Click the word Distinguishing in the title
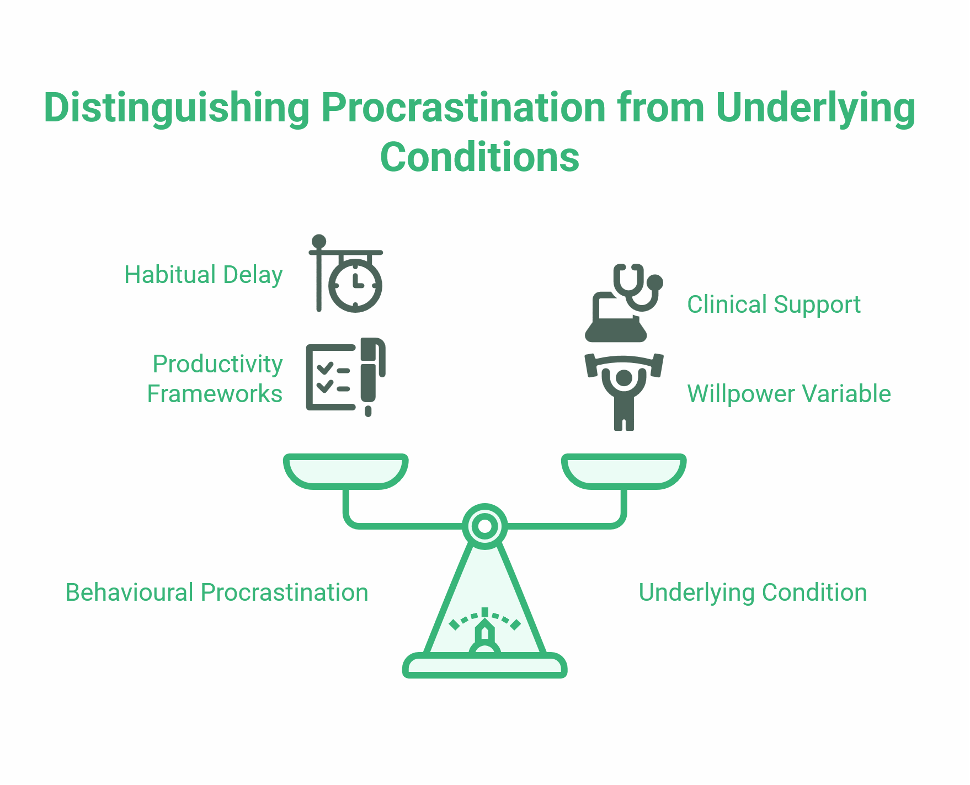[177, 108]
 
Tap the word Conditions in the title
[479, 158]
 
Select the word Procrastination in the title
[463, 108]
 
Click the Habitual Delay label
[203, 275]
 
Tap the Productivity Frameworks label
[215, 379]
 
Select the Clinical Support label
[774, 305]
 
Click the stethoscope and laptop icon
[623, 303]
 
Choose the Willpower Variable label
[788, 394]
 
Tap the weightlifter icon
[624, 392]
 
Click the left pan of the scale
[346, 472]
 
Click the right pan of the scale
[624, 472]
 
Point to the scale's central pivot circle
[485, 526]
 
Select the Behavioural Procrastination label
[216, 592]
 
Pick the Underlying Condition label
[753, 592]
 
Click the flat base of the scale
[485, 666]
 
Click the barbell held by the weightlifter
[624, 361]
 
